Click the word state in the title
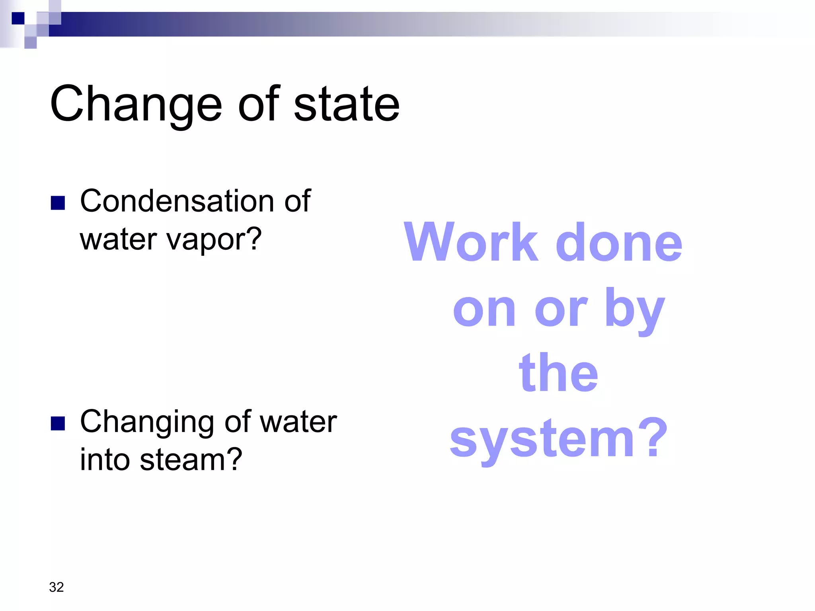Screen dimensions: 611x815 coord(346,104)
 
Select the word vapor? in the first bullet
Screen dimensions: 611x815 coord(214,239)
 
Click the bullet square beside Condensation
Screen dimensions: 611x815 coord(58,203)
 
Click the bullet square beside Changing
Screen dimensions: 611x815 coord(58,424)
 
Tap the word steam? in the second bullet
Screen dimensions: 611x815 coord(191,459)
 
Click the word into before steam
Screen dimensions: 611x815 coord(105,459)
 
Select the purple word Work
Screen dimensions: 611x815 coord(472,243)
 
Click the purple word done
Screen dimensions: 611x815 coord(619,243)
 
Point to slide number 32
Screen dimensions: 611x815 coord(56,587)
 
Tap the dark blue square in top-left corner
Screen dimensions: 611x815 coord(18,18)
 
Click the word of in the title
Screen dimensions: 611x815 coord(259,104)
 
